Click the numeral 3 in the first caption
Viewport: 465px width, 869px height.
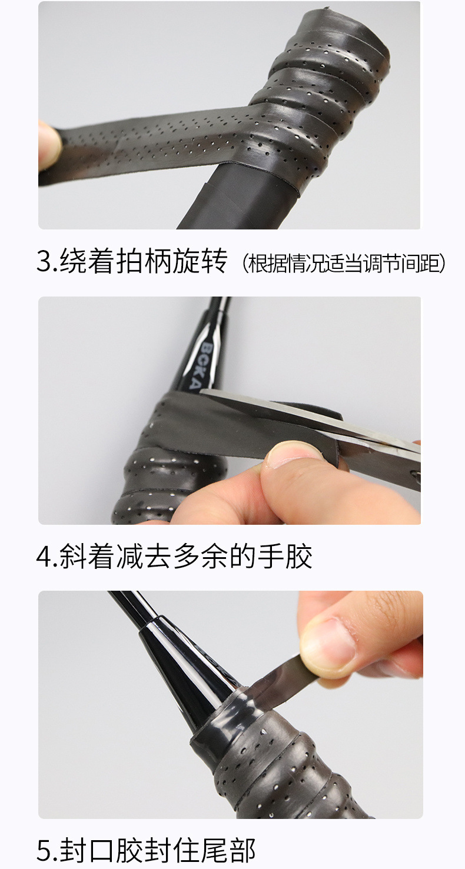44,262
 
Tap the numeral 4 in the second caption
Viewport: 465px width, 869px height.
44,557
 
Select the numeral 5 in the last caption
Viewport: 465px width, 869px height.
44,851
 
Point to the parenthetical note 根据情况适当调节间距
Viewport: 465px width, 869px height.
345,264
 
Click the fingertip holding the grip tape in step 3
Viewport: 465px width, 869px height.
49,144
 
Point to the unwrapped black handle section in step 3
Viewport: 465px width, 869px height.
241,200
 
